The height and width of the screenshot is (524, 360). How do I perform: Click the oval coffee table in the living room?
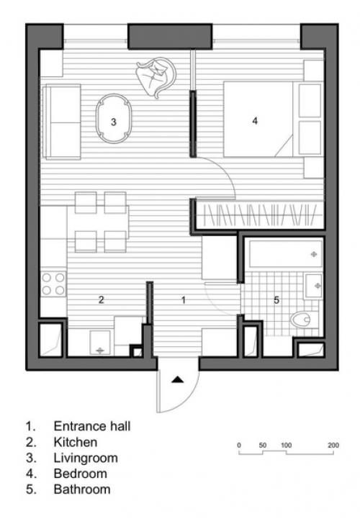point(114,119)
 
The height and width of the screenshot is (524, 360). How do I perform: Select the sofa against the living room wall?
point(62,122)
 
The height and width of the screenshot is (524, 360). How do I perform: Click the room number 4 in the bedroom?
point(255,121)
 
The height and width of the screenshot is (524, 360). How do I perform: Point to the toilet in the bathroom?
point(300,320)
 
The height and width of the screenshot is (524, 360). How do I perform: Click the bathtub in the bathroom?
point(285,253)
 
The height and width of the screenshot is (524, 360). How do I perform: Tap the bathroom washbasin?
point(313,286)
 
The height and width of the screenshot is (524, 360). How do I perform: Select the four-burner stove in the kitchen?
point(53,284)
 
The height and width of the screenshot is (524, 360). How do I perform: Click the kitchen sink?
point(100,343)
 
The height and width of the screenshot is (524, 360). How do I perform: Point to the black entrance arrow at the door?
point(178,379)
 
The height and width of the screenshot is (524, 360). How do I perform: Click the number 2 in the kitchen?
point(102,299)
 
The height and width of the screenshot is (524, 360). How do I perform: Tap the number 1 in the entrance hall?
point(183,299)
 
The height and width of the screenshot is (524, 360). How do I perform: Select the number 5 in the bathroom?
point(276,300)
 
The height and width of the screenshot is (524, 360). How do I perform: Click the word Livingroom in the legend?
point(86,458)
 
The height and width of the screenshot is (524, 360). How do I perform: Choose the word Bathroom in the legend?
point(82,489)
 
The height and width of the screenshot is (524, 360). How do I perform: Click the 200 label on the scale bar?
point(333,445)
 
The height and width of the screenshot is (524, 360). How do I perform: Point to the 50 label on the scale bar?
point(262,445)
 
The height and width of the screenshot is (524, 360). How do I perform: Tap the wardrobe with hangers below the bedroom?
point(260,214)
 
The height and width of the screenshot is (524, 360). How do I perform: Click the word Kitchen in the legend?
point(76,442)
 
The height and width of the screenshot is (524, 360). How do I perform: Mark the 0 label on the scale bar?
point(238,445)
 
